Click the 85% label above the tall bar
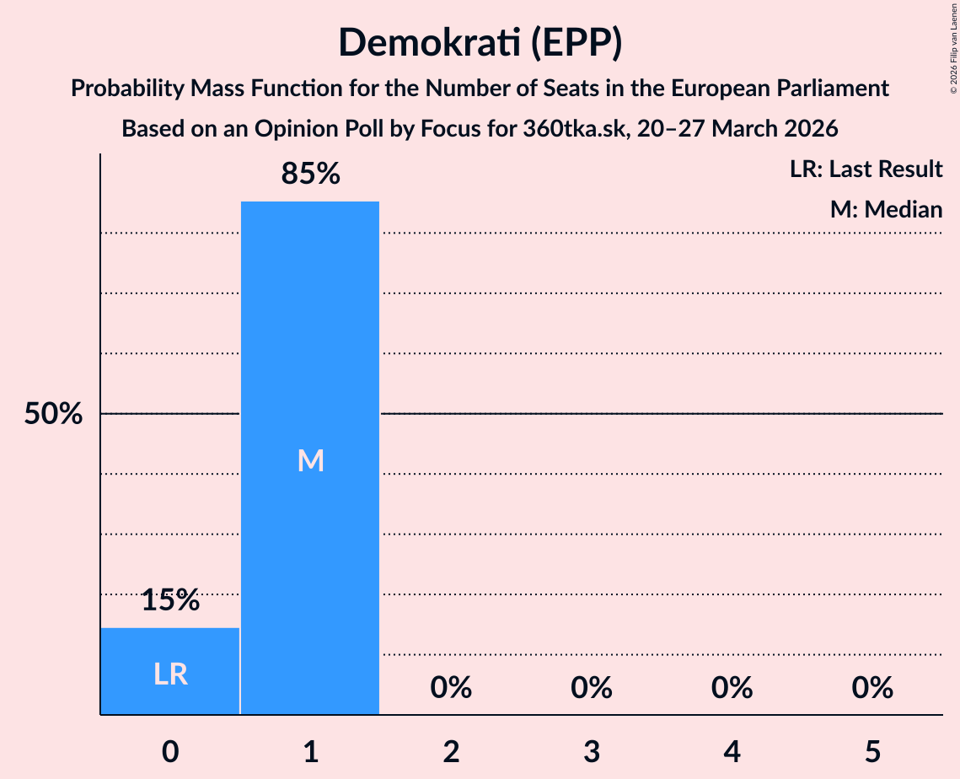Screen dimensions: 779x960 pyautogui.click(x=310, y=175)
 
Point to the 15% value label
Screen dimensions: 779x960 pyautogui.click(x=170, y=600)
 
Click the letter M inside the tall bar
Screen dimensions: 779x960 pyautogui.click(x=310, y=460)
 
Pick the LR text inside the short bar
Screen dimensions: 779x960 pyautogui.click(x=170, y=674)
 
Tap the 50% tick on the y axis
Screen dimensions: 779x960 pyautogui.click(x=53, y=414)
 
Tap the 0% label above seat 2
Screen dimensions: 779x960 pyautogui.click(x=451, y=688)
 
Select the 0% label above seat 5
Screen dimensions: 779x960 pyautogui.click(x=872, y=688)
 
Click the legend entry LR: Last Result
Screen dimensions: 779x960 pyautogui.click(x=866, y=169)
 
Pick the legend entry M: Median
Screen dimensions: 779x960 pyautogui.click(x=886, y=209)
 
